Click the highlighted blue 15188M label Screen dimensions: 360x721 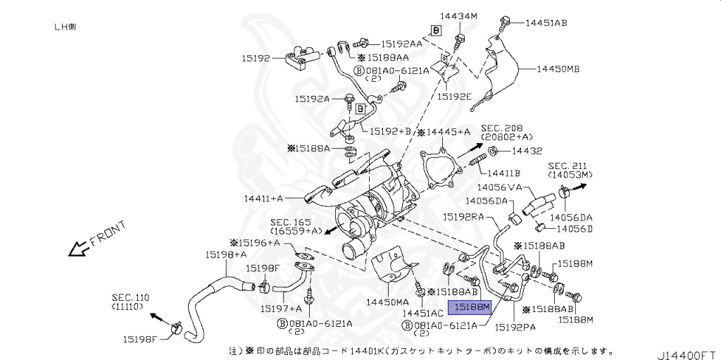coord(471,306)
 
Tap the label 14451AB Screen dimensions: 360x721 coord(546,23)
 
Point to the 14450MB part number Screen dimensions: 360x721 coord(558,70)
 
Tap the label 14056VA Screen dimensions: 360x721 coord(499,187)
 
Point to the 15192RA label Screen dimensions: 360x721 coord(463,218)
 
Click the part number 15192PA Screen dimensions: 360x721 coord(515,327)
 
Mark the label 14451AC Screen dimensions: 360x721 coord(422,312)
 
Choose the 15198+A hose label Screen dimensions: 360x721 coord(226,254)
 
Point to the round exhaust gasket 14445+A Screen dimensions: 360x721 coord(440,169)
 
